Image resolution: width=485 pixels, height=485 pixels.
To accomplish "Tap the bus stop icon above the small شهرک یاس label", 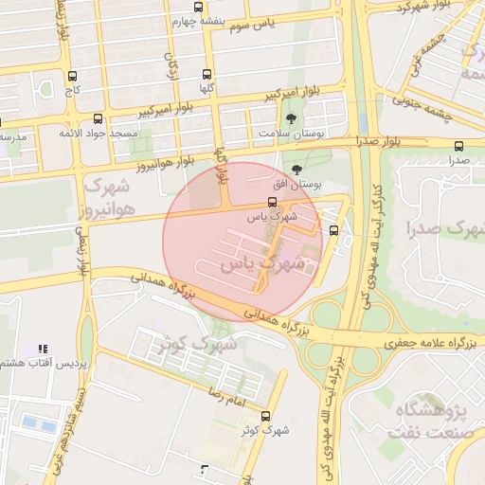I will point(273,202).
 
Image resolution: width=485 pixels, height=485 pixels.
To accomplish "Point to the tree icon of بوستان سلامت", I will point(290,119).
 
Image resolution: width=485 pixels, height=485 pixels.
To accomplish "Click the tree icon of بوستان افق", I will point(298,168).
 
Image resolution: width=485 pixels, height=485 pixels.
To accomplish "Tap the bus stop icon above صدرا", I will point(459,146).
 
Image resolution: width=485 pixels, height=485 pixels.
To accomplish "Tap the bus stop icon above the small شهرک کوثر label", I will point(264,415).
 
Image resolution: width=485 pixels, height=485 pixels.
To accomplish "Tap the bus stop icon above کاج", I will point(73,76).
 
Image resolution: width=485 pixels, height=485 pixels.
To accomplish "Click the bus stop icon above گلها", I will point(207,73).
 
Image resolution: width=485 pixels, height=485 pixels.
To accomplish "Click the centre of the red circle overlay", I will point(243,242).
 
